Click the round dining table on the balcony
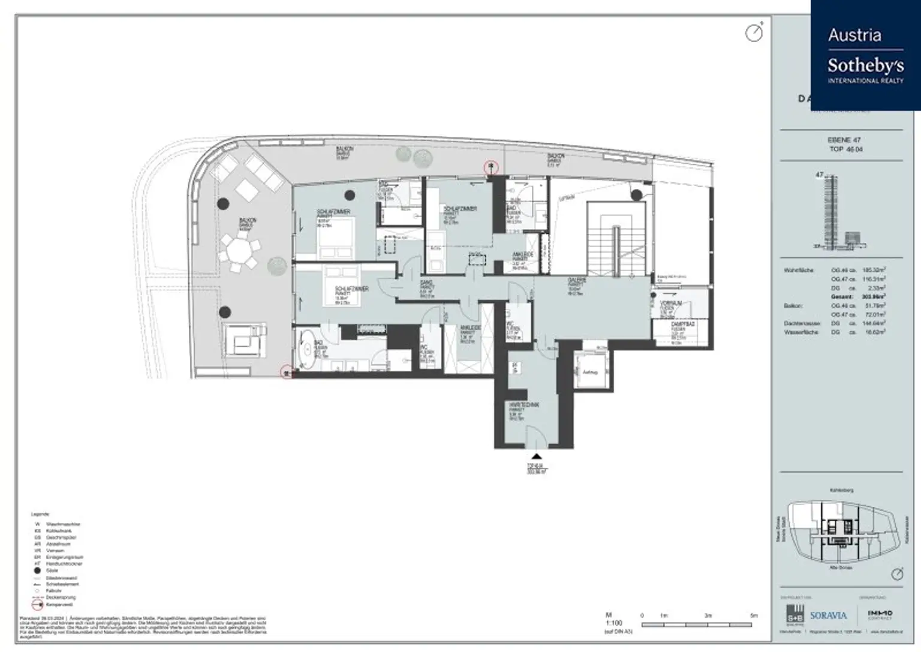tap(239, 251)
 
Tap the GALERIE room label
tap(577, 281)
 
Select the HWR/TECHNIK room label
tap(523, 405)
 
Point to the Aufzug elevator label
tap(590, 372)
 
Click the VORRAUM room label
tap(671, 304)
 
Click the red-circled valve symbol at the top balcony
tap(491, 167)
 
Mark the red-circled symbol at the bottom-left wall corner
tap(287, 372)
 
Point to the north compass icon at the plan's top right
tap(754, 32)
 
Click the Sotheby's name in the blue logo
tap(865, 65)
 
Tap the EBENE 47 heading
tap(844, 140)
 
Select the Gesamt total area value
tap(878, 296)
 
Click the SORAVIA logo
tap(828, 615)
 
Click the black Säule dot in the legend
tap(38, 571)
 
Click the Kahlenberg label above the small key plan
tap(841, 491)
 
